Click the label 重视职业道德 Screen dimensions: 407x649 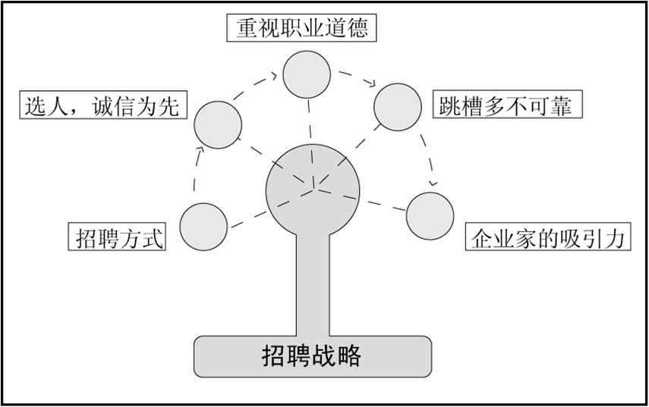click(x=303, y=29)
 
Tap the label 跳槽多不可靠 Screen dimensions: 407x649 click(x=506, y=104)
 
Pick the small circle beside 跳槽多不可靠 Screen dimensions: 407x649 click(x=398, y=105)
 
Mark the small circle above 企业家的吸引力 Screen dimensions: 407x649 click(x=430, y=216)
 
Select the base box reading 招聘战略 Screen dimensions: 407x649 click(x=312, y=355)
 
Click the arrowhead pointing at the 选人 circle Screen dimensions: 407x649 click(x=200, y=151)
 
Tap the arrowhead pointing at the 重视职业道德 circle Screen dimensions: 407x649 click(x=276, y=75)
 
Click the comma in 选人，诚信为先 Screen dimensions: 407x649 click(x=77, y=111)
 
